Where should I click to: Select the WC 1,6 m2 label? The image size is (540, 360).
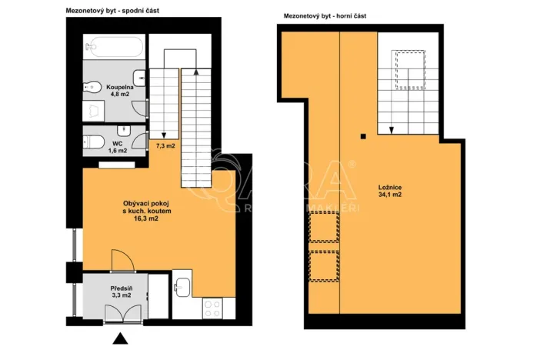118,146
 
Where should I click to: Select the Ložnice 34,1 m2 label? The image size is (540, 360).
390,191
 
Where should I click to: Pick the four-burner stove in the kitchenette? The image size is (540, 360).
212,308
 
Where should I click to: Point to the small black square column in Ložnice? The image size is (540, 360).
362,137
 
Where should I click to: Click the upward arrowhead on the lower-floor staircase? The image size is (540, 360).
198,72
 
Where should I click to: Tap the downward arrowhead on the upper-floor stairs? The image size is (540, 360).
392,129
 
